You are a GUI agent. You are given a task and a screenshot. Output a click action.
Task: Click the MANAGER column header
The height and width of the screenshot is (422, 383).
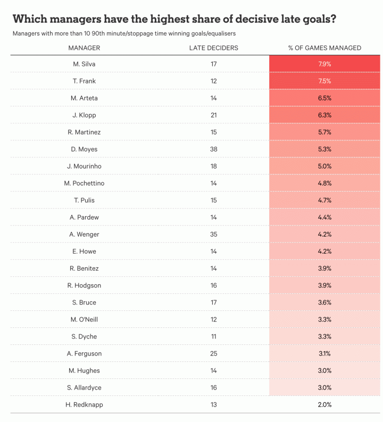coord(84,48)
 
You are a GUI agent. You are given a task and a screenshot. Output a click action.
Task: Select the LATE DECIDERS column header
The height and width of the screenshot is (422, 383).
coord(213,48)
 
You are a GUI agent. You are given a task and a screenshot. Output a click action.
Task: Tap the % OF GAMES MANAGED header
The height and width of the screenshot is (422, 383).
coord(324,48)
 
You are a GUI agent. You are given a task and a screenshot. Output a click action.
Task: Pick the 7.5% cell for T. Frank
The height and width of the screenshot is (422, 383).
coord(324,81)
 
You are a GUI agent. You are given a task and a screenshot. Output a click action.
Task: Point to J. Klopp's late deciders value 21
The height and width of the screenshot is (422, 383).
coord(213,115)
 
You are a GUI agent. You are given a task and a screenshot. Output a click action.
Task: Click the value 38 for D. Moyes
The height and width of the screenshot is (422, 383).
coord(213,149)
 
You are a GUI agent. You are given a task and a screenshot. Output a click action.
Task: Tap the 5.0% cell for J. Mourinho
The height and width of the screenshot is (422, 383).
coord(324,166)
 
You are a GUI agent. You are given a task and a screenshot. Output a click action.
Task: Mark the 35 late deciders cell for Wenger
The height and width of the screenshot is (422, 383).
coord(213,234)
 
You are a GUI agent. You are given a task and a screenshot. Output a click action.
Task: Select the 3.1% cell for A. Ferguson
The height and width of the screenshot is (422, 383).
coord(324,353)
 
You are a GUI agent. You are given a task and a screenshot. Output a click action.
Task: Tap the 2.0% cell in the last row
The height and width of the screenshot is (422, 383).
coord(324,404)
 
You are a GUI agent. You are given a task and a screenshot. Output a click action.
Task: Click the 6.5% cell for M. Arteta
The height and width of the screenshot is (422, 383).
coord(324,98)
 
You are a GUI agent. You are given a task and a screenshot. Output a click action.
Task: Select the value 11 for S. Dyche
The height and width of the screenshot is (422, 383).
coord(213,336)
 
